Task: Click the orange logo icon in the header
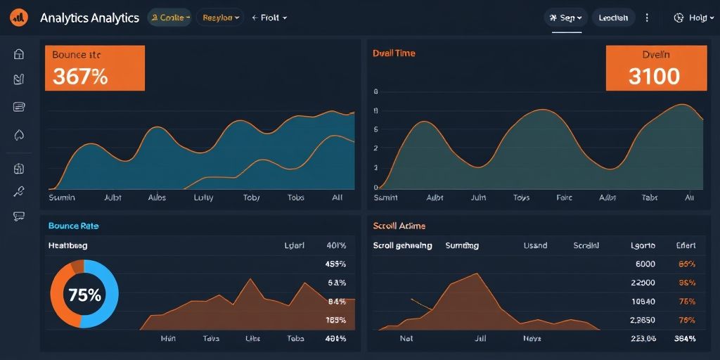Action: coord(18,18)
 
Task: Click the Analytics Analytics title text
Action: coord(89,18)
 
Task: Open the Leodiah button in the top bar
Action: coord(613,18)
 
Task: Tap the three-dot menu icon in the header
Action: coord(647,18)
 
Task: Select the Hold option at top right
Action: coord(690,18)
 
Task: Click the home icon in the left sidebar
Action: coord(19,54)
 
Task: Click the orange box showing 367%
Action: coord(95,68)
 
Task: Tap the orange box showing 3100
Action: coord(655,69)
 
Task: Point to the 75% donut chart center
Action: coord(84,295)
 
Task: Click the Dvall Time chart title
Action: coord(394,53)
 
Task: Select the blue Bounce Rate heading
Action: coord(73,226)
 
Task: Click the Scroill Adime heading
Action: coord(399,226)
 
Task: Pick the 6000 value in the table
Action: coord(645,264)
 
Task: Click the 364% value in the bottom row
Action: coord(685,338)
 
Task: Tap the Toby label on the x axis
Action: coord(251,198)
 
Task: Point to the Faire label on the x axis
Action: coord(564,198)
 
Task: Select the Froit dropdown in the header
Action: coord(269,18)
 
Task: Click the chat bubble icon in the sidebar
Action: coord(19,217)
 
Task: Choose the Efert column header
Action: coord(686,245)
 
